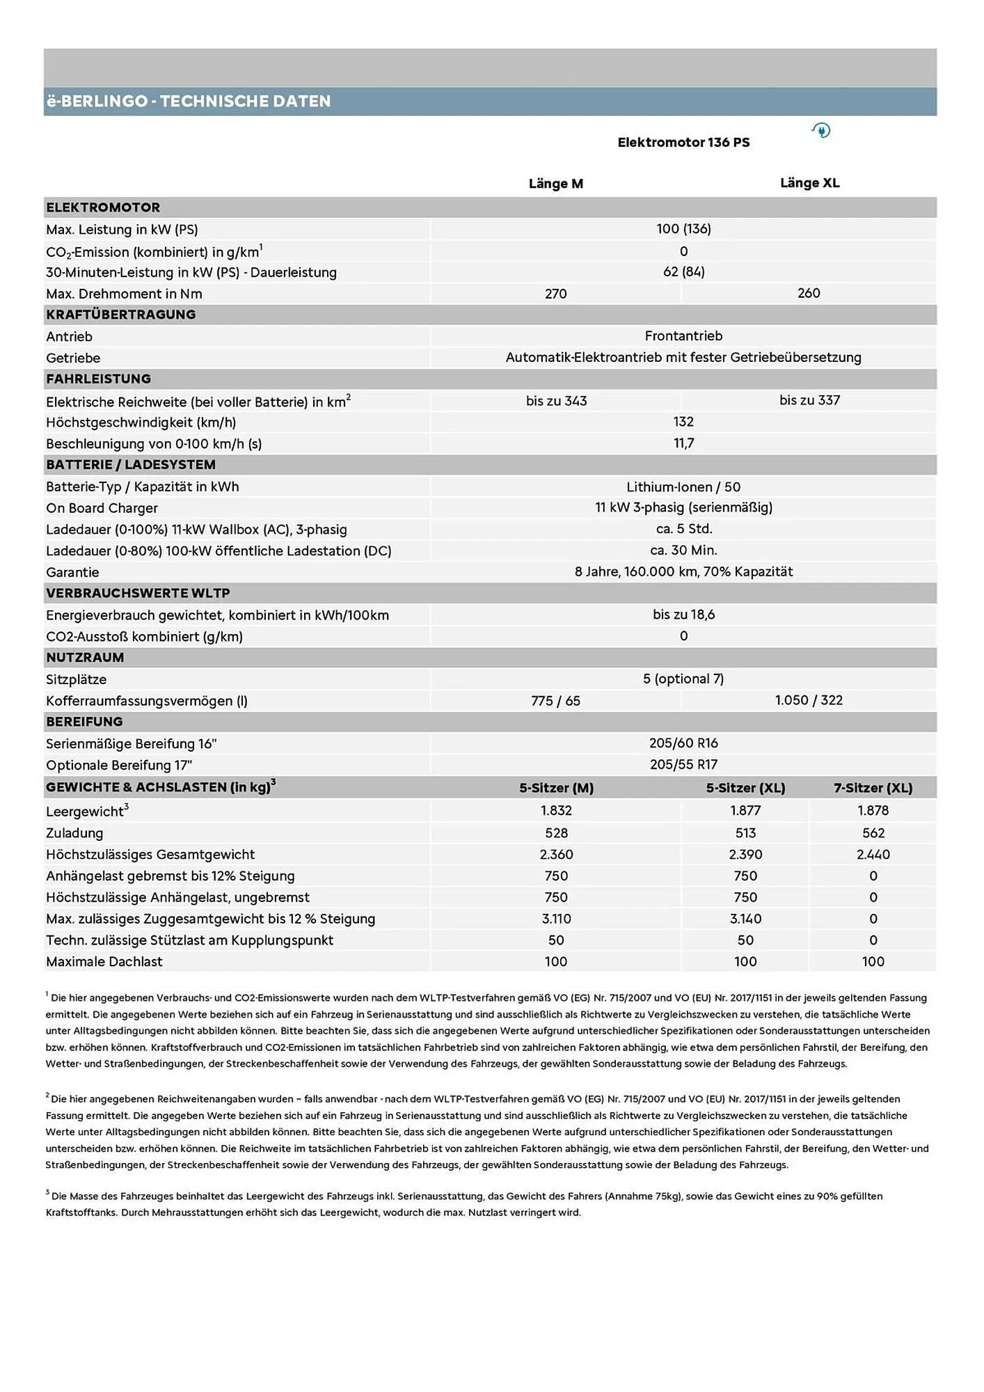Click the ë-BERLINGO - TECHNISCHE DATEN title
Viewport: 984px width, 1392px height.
188,102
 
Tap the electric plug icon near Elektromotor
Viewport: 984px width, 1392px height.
821,130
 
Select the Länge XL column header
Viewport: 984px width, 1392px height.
809,183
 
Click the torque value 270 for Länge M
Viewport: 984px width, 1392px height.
555,294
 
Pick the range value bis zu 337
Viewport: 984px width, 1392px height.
809,400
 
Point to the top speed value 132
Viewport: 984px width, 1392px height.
683,422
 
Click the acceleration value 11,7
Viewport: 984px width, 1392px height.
683,443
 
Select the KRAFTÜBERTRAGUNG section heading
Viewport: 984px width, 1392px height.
120,315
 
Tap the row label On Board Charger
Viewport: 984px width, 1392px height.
102,508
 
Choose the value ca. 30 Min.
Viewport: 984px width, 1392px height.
683,551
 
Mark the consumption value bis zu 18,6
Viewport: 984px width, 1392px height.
683,615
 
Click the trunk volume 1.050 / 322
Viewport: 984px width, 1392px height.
809,700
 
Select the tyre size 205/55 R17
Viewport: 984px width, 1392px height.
683,765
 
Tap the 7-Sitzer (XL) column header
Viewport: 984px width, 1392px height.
873,788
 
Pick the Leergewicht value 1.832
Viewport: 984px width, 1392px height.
555,811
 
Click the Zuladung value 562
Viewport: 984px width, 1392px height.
873,833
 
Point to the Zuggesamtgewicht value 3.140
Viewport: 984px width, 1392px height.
745,919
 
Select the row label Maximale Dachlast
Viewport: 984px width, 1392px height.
104,962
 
